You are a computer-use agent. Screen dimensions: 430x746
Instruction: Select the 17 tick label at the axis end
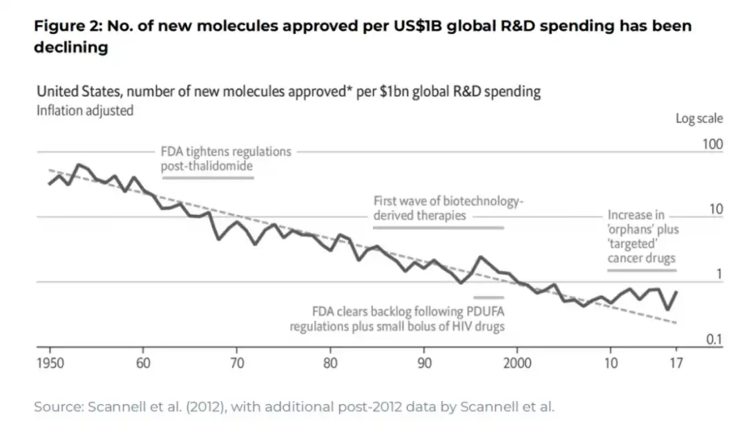pyautogui.click(x=676, y=363)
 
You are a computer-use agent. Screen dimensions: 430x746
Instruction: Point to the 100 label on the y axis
pyautogui.click(x=712, y=144)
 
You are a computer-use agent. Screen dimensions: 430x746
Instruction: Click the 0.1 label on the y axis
pyautogui.click(x=714, y=339)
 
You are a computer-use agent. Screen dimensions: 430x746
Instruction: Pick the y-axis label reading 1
pyautogui.click(x=719, y=274)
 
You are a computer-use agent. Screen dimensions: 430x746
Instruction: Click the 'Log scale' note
pyautogui.click(x=699, y=118)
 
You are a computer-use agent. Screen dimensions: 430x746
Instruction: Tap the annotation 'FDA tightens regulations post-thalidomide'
pyautogui.click(x=226, y=158)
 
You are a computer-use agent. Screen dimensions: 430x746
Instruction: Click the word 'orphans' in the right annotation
pyautogui.click(x=629, y=230)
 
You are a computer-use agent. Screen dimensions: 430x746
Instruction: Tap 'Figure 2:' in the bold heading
pyautogui.click(x=66, y=27)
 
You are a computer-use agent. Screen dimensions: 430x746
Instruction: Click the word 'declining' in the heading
pyautogui.click(x=70, y=48)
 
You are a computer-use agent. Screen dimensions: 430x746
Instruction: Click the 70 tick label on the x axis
pyautogui.click(x=237, y=363)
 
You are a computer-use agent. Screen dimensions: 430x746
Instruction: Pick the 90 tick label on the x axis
pyautogui.click(x=425, y=363)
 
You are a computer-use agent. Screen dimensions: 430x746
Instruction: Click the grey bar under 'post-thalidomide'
pyautogui.click(x=209, y=178)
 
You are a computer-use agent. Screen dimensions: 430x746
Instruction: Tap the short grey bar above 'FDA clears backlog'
pyautogui.click(x=488, y=297)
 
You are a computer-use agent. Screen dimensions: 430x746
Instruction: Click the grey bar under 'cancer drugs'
pyautogui.click(x=642, y=270)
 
